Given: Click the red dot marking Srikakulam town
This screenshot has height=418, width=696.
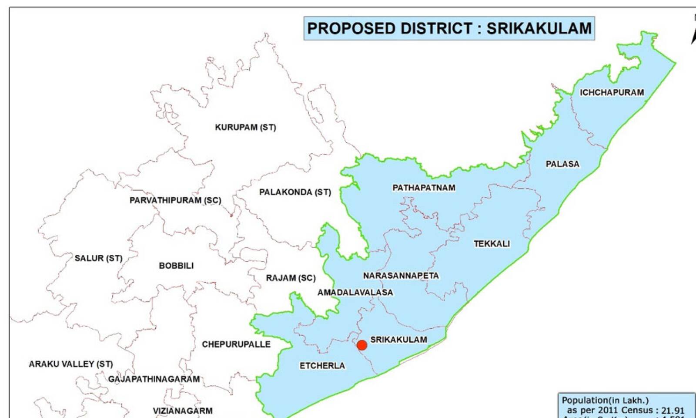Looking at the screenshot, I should [x=361, y=345].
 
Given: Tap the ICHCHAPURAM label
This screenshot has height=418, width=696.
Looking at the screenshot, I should [x=612, y=92].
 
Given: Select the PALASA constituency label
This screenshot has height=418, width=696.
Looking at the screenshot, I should [x=562, y=164].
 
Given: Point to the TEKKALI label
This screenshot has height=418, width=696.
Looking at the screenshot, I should [x=492, y=244].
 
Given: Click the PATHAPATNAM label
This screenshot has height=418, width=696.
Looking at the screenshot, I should [x=424, y=188].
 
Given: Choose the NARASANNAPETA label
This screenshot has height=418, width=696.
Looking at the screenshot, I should [x=401, y=276].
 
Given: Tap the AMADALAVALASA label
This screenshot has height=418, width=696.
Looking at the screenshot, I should [x=355, y=293].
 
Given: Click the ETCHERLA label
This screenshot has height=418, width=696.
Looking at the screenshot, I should [x=322, y=366].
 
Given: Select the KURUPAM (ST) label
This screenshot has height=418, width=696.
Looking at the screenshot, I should [x=245, y=127].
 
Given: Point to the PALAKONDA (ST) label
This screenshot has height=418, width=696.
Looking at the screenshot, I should [x=295, y=192].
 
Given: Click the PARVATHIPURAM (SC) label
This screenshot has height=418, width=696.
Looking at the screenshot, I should [x=175, y=200].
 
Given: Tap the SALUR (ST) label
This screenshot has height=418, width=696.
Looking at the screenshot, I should [x=98, y=258].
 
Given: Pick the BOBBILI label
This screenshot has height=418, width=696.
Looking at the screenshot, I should [x=176, y=266].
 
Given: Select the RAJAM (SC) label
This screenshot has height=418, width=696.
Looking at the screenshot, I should [x=291, y=278].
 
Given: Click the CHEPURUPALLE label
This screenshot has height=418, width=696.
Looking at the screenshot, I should [x=236, y=344].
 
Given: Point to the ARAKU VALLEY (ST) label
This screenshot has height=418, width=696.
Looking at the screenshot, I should [x=70, y=364].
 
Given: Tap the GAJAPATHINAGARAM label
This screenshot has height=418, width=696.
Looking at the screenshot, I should [x=154, y=379].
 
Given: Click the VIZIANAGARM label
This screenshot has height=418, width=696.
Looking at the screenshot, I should [x=183, y=411].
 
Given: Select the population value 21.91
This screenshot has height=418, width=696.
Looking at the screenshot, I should [x=673, y=410].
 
